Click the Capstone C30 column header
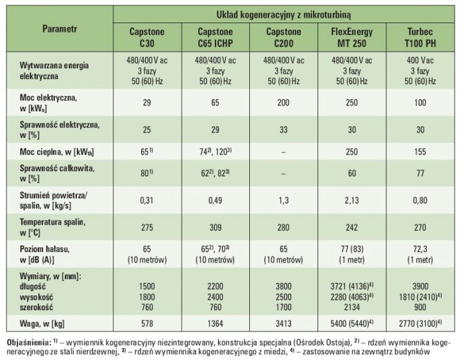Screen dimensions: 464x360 point(146,38)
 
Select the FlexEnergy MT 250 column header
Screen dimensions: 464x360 point(352,38)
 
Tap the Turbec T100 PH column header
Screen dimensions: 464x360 point(420,38)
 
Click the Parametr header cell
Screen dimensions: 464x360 point(60,29)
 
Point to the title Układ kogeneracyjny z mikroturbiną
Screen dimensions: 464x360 point(284,15)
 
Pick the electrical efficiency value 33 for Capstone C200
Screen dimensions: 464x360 point(284,130)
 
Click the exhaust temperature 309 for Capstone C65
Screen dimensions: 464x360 point(215,227)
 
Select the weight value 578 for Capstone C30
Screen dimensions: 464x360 point(146,324)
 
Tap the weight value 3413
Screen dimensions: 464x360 point(284,324)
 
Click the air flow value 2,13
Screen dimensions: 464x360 point(352,200)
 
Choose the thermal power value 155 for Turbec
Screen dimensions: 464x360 point(420,152)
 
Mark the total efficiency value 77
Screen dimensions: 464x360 point(420,173)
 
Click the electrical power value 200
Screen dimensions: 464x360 point(284,103)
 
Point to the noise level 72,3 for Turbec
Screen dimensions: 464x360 point(420,249)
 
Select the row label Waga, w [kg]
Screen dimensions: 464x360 point(42,324)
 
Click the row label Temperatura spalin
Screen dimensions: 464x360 point(52,222)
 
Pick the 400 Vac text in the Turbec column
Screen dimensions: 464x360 point(420,60)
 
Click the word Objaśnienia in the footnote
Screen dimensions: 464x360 point(29,343)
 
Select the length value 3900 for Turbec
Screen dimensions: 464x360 point(420,286)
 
